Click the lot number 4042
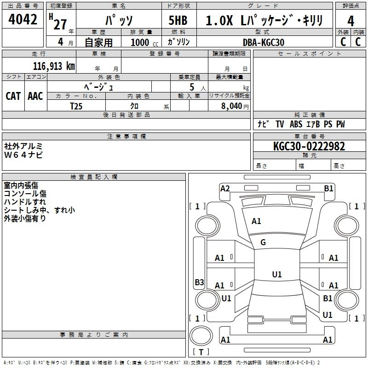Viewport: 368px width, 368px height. click(x=23, y=19)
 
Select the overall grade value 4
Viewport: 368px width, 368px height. click(x=351, y=21)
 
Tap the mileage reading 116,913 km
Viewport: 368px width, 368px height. click(x=54, y=66)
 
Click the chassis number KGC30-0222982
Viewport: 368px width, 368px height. click(x=309, y=146)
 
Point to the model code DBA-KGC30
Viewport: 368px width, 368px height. click(x=264, y=42)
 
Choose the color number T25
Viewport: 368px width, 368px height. click(x=76, y=106)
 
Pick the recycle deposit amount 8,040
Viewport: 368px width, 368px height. click(x=231, y=106)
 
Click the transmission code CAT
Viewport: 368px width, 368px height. click(x=13, y=96)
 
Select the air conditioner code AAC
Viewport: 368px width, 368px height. click(x=35, y=96)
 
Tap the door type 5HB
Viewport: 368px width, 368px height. click(x=178, y=20)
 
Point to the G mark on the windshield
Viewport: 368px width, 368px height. click(x=263, y=242)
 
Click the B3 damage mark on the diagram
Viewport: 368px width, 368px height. click(x=199, y=282)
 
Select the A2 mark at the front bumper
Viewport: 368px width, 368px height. click(x=225, y=189)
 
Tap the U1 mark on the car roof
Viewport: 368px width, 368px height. click(x=277, y=274)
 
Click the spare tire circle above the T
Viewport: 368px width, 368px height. click(x=201, y=336)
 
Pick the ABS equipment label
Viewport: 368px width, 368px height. click(x=296, y=124)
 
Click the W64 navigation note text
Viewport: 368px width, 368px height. click(x=23, y=155)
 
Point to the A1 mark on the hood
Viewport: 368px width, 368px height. click(x=256, y=221)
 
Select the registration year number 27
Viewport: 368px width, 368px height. click(x=60, y=24)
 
